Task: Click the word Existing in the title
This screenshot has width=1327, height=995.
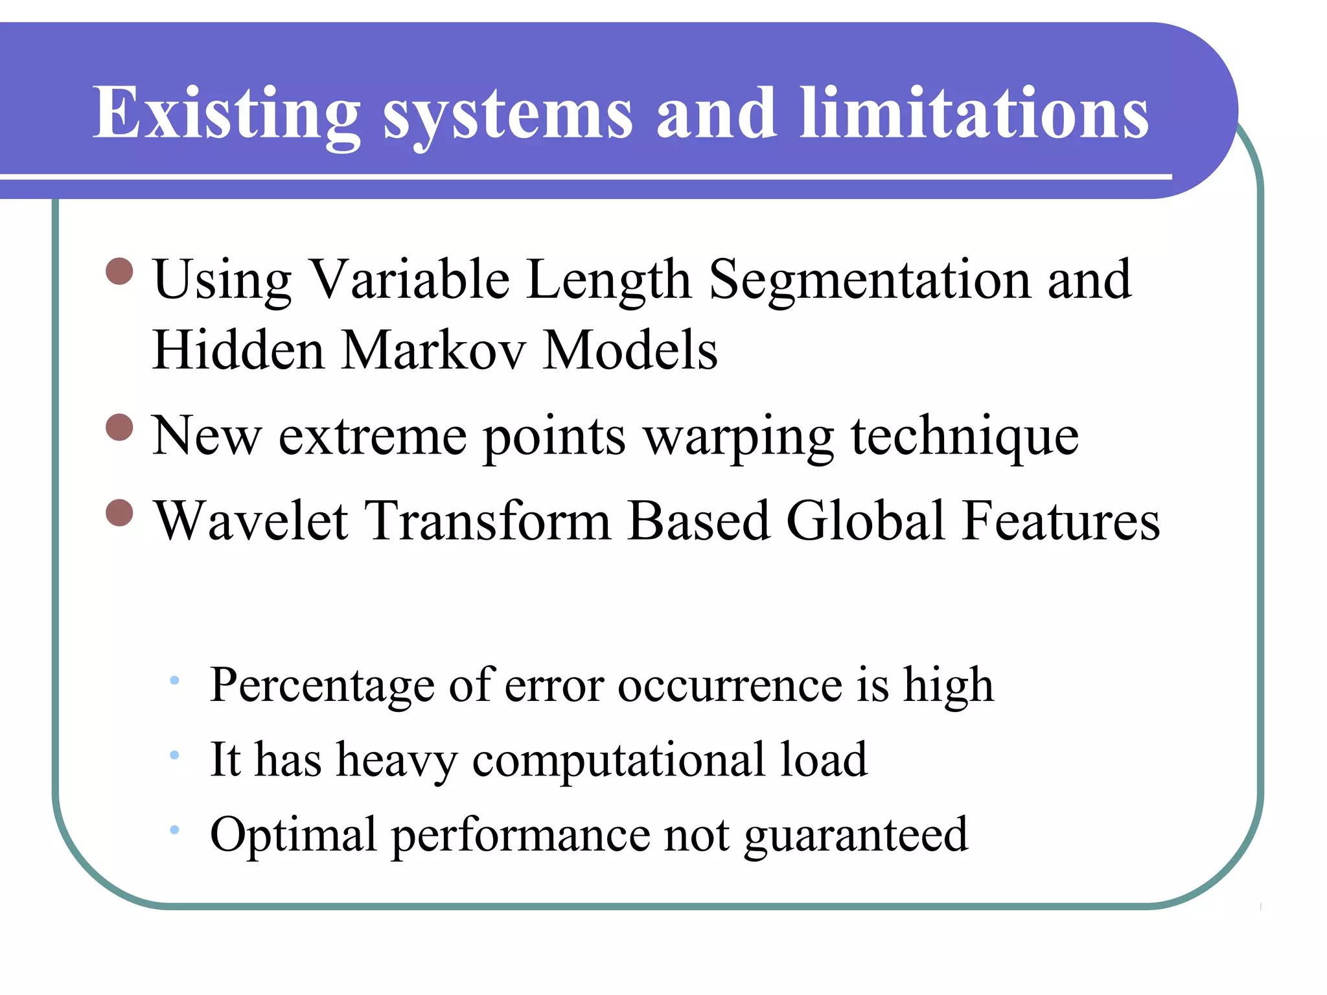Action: pyautogui.click(x=226, y=113)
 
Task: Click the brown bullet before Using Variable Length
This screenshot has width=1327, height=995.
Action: pyautogui.click(x=119, y=271)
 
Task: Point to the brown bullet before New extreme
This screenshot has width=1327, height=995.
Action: pyautogui.click(x=119, y=428)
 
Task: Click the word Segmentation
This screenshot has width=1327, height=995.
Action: pyautogui.click(x=869, y=280)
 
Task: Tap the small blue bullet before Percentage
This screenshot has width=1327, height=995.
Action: pyautogui.click(x=174, y=680)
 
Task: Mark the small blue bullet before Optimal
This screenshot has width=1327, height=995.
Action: pyautogui.click(x=174, y=830)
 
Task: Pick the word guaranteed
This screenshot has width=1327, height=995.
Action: pyautogui.click(x=856, y=836)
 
